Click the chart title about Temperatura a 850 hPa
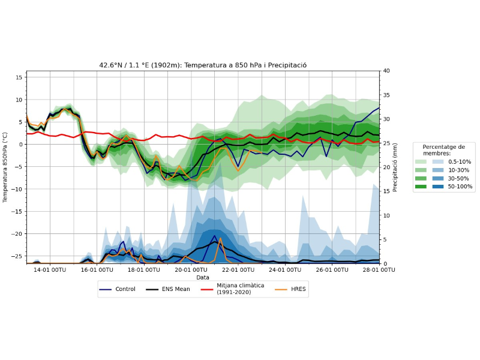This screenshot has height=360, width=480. coord(203,65)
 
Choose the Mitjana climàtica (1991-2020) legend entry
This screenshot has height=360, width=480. coord(240,289)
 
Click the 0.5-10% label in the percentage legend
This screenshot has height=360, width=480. coord(460,161)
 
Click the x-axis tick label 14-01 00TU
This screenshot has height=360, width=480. coord(50,270)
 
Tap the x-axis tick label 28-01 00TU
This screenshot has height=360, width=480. coord(379,270)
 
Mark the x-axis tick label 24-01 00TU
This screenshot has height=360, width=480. coord(285,270)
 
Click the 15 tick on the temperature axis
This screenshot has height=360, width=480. coord(20,77)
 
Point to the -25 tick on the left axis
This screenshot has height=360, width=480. coord(17,256)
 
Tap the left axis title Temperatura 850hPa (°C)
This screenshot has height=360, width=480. coord(5,167)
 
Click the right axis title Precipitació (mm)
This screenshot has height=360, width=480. coord(395,167)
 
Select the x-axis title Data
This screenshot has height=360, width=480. coord(203,277)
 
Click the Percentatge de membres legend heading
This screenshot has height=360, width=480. coord(443,150)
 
